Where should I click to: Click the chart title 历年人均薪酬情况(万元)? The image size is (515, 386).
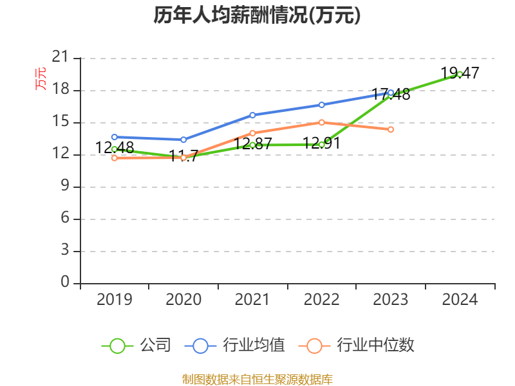(257, 15)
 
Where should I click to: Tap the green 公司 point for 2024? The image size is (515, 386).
(460, 74)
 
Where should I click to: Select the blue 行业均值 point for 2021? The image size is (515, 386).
(252, 115)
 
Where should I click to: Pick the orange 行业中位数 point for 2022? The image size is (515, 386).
(321, 122)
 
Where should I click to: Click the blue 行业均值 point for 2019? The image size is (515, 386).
(115, 137)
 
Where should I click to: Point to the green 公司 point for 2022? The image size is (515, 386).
(321, 144)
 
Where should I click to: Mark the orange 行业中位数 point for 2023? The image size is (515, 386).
(391, 129)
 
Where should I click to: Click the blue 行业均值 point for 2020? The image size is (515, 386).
(183, 140)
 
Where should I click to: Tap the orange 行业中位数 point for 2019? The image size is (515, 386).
(115, 158)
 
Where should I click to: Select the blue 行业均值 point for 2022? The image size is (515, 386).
(321, 104)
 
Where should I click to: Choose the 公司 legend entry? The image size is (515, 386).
(136, 345)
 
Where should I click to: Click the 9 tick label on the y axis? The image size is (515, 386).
(64, 187)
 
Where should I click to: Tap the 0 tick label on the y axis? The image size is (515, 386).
(64, 283)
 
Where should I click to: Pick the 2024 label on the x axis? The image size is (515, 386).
(460, 299)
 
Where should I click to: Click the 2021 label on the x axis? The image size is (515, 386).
(252, 299)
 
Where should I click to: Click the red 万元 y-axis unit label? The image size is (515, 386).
(41, 78)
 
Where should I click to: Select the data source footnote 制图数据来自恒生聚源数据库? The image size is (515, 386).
(257, 379)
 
